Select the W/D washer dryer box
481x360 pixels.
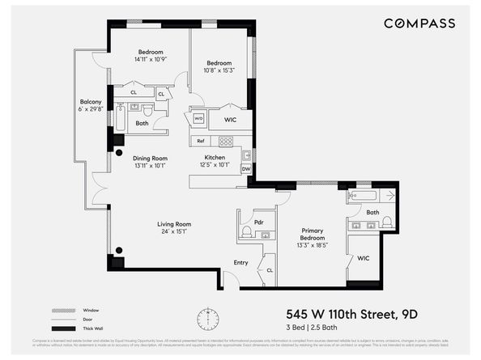[x=198, y=119]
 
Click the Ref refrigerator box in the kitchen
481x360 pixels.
[x=200, y=141]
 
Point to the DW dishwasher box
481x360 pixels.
[x=246, y=169]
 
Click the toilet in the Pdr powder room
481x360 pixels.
[x=246, y=231]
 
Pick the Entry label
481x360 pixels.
[x=240, y=262]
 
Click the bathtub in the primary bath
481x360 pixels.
[x=365, y=196]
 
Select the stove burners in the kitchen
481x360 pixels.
[x=226, y=141]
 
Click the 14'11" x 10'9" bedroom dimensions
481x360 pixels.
[x=151, y=60]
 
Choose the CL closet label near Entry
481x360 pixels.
[x=269, y=269]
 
